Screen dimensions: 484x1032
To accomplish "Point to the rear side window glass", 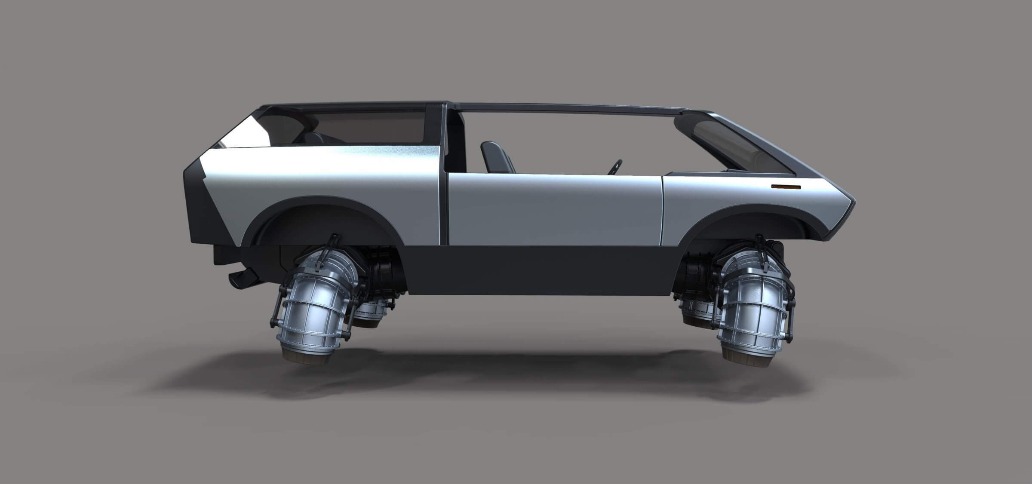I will (370, 125).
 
